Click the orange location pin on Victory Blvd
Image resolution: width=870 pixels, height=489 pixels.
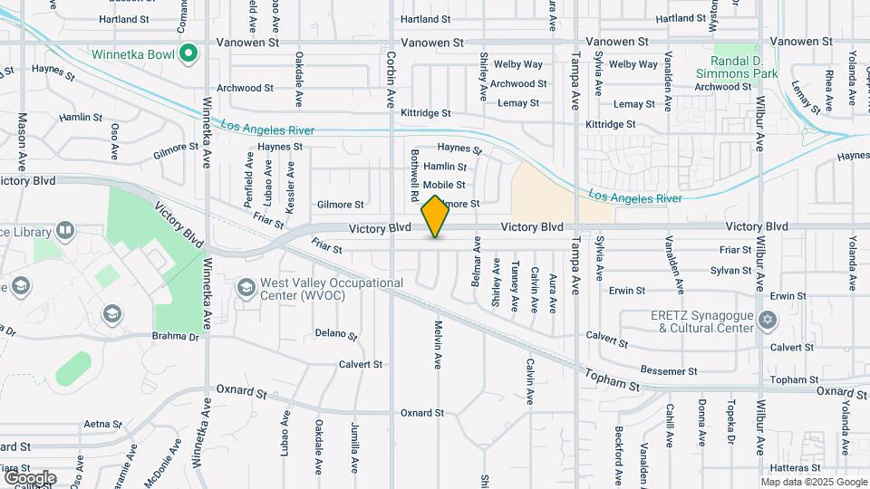click(436, 216)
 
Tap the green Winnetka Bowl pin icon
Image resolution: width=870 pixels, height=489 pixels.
click(188, 53)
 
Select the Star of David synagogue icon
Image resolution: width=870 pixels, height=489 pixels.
click(769, 321)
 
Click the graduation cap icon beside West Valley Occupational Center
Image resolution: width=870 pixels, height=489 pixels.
click(245, 288)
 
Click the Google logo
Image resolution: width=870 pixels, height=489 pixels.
click(30, 477)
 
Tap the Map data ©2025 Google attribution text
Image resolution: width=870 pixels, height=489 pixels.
click(814, 482)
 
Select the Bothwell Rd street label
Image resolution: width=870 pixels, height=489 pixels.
click(414, 175)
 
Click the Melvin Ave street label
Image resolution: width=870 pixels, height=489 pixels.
click(438, 345)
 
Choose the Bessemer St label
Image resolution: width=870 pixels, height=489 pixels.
click(668, 371)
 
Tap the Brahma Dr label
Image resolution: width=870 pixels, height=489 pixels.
click(180, 337)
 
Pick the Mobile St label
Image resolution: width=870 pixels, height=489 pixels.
click(444, 185)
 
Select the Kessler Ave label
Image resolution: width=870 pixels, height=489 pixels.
click(290, 187)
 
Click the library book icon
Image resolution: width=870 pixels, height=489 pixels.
click(64, 230)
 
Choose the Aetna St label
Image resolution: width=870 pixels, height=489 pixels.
click(101, 424)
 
